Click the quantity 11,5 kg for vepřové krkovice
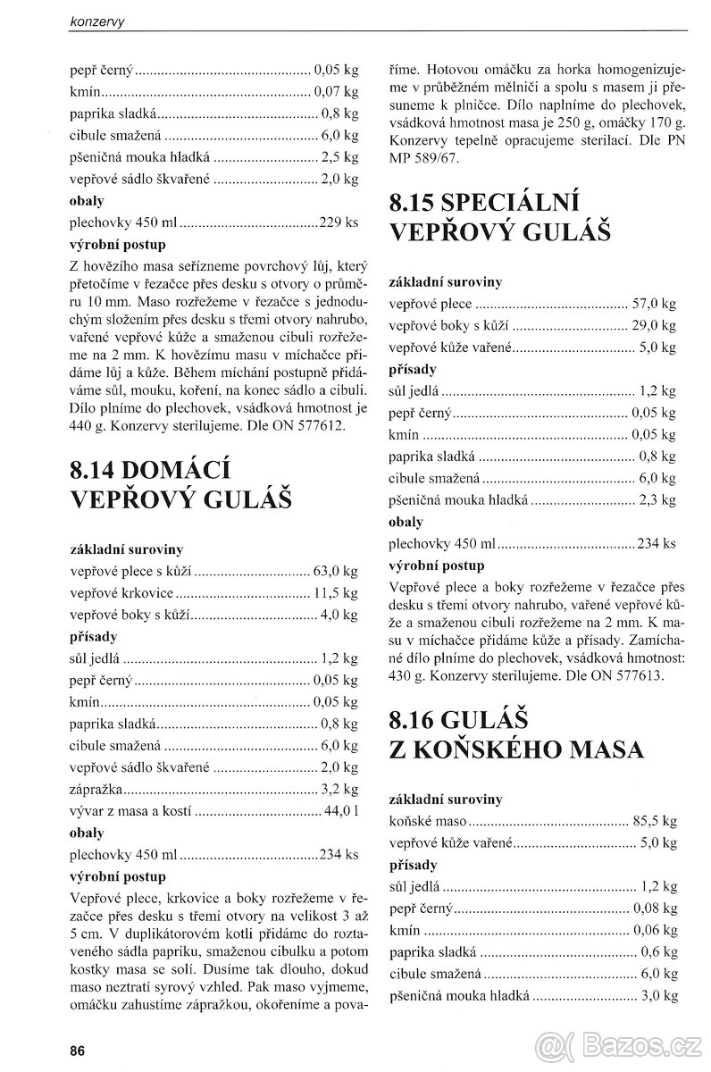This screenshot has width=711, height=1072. (x=337, y=592)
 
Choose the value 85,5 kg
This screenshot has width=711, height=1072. (x=657, y=820)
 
